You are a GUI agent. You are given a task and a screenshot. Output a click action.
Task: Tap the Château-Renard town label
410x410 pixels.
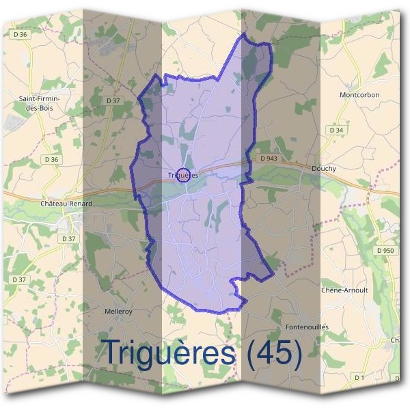[x=66, y=204]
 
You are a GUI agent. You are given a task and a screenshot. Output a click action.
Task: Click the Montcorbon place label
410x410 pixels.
[x=359, y=95]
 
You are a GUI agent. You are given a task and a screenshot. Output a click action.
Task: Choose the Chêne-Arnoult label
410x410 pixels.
[x=344, y=290]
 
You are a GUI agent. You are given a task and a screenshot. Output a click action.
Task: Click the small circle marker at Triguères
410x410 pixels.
[x=183, y=175]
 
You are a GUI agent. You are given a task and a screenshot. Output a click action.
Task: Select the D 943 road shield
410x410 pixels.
[x=269, y=159]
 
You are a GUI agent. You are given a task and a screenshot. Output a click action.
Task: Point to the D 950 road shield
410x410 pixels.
[x=385, y=251]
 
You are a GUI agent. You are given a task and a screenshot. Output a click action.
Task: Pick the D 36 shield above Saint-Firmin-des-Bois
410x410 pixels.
[x=20, y=34]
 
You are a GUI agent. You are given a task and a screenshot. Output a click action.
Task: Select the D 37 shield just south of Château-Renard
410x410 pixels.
[x=68, y=238]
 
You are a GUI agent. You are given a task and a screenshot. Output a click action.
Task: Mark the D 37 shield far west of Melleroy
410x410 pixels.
[x=19, y=279]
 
